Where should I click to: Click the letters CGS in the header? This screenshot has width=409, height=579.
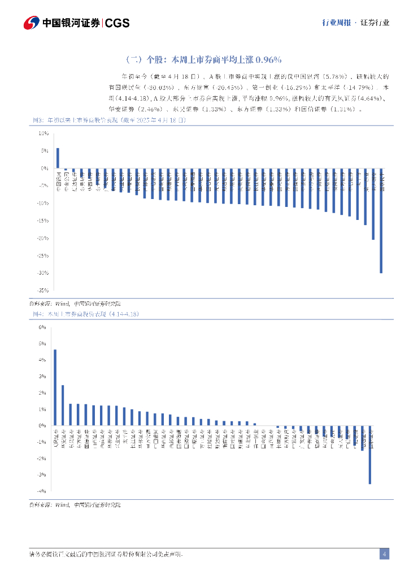(x=118, y=23)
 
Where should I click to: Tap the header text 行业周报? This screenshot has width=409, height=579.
(x=336, y=23)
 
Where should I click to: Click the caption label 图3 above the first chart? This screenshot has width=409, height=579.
(x=36, y=120)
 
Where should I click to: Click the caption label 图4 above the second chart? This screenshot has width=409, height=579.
(x=36, y=314)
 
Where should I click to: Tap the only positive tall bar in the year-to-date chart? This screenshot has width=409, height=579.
(x=58, y=158)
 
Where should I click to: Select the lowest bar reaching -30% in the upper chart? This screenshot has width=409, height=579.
(x=381, y=221)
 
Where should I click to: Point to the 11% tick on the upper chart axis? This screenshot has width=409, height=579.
(x=43, y=133)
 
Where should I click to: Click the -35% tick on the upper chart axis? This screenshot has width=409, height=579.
(x=42, y=291)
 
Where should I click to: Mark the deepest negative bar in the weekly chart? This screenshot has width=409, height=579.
(x=370, y=454)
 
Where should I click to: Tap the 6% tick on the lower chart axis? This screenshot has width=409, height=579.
(x=42, y=327)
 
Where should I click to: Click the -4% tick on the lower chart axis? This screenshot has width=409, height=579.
(x=41, y=491)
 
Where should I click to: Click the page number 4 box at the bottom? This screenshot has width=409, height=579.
(x=384, y=554)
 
